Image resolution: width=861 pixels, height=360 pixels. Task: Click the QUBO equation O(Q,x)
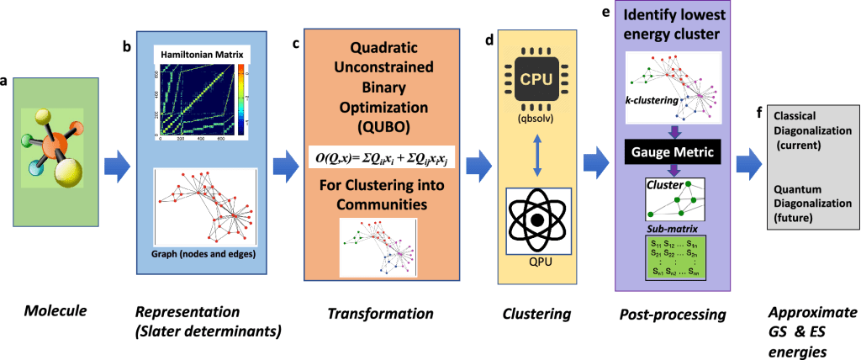[x=382, y=157]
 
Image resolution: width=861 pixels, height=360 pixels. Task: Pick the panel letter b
[x=127, y=47]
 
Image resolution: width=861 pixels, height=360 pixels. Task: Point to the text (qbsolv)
[x=537, y=119]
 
